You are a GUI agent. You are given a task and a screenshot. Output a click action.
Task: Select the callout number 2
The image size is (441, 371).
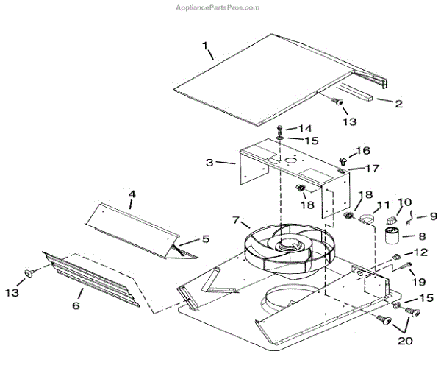[398, 104]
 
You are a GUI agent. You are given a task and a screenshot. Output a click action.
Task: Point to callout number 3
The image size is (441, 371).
[209, 163]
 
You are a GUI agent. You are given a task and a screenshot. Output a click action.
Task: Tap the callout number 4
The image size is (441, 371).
[132, 195]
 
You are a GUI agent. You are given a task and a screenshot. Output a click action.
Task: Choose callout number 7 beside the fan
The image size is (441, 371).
[236, 220]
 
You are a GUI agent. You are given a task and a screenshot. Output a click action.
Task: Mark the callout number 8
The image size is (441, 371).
[421, 237]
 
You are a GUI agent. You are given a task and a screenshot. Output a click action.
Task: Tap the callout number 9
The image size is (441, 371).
[432, 216]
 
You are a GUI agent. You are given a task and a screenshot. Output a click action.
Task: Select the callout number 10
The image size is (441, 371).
[405, 202]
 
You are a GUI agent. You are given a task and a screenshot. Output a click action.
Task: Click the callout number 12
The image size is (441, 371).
[420, 252]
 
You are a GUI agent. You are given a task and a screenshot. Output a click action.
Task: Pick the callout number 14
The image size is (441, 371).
[304, 128]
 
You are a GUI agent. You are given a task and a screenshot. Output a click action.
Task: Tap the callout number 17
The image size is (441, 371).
[373, 168]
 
